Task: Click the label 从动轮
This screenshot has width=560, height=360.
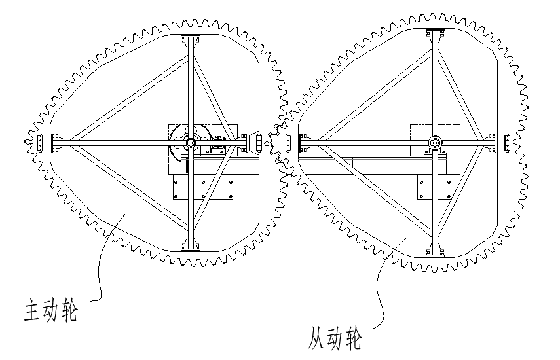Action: (335, 338)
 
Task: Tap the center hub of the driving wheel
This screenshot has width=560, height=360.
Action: (190, 143)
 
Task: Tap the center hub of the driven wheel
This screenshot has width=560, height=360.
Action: (434, 143)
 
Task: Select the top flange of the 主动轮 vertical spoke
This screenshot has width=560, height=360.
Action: (190, 37)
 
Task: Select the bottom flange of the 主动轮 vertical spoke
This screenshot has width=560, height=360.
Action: (190, 246)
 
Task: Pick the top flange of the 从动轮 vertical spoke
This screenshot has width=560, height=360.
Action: (434, 33)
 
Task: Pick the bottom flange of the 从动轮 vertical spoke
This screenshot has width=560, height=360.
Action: (434, 251)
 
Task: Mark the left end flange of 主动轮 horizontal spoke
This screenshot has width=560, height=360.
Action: (56, 142)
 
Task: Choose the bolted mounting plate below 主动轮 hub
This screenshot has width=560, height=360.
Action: (204, 188)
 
